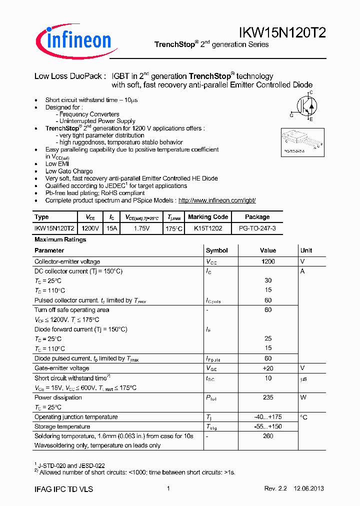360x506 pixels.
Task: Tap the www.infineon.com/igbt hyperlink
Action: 217,200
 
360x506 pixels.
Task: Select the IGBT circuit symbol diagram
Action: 303,106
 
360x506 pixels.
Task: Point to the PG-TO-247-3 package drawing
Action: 300,140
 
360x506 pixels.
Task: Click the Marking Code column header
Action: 208,217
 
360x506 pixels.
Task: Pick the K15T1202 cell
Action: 208,228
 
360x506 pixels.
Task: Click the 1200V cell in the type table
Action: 90,228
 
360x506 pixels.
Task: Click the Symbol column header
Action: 217,250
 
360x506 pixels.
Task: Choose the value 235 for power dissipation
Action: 268,397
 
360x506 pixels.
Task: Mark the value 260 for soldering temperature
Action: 268,436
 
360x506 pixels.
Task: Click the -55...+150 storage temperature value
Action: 268,426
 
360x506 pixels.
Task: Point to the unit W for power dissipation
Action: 302,397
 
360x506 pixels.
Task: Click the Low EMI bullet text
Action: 57,164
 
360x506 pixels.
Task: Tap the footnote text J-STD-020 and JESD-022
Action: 72,465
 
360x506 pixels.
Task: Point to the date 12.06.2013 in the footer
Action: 309,489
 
